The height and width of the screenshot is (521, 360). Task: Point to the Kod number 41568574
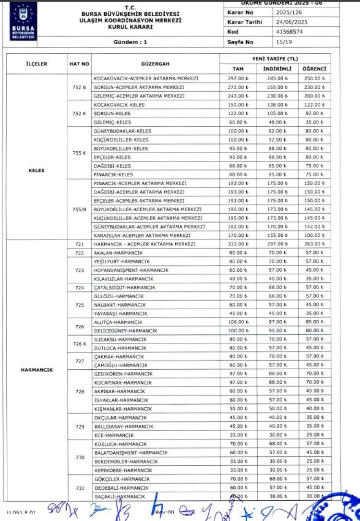pyautogui.click(x=289, y=32)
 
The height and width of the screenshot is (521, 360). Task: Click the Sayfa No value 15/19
pyautogui.click(x=284, y=42)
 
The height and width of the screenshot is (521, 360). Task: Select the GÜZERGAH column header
pyautogui.click(x=155, y=64)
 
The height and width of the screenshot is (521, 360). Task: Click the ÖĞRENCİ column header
pyautogui.click(x=315, y=69)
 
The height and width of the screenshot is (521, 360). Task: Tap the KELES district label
pyautogui.click(x=36, y=170)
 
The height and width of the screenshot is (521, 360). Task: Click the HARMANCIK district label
pyautogui.click(x=36, y=370)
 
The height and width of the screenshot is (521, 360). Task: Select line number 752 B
pyautogui.click(x=80, y=87)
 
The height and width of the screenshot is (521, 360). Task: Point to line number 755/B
pyautogui.click(x=80, y=209)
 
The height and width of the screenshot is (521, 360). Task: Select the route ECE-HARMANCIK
pyautogui.click(x=115, y=435)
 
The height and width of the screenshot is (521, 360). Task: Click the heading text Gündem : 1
pyautogui.click(x=130, y=42)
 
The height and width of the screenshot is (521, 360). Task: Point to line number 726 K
pyautogui.click(x=80, y=344)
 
